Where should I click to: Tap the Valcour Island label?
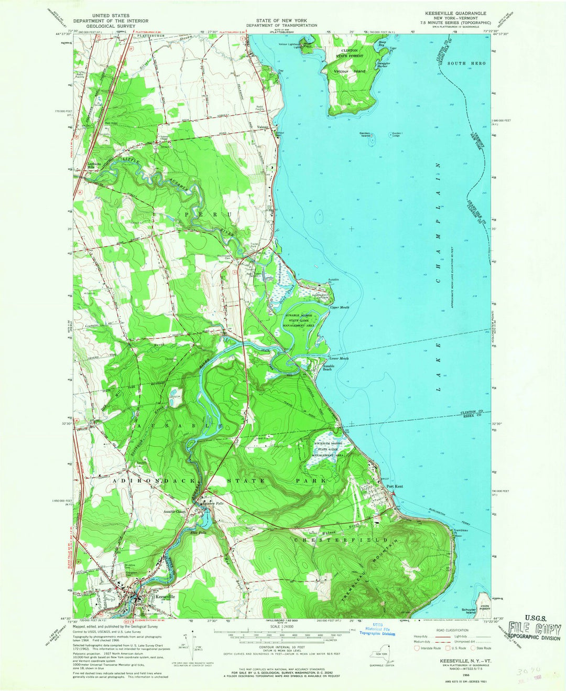346,71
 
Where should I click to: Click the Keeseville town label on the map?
165,597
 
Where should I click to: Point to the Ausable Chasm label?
175,511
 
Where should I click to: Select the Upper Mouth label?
339,308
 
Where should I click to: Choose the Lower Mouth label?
340,359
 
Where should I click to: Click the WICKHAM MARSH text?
329,444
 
